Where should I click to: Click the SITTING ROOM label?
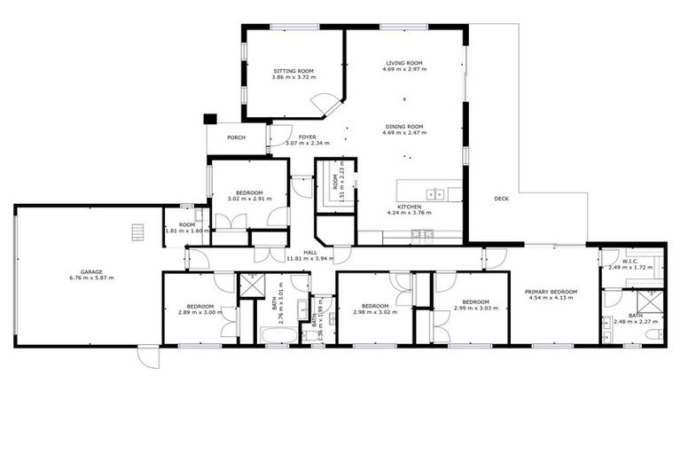pos(293,70)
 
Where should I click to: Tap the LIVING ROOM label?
pos(403,63)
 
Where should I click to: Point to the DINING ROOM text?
pos(403,127)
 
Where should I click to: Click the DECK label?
pos(501,199)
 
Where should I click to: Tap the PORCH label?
pos(236,137)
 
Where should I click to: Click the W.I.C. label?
pos(630,261)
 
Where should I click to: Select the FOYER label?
pos(307,137)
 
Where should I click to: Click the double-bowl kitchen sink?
pos(435,192)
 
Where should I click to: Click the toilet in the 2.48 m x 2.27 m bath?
pos(653,334)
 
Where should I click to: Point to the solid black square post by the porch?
pos(210,118)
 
